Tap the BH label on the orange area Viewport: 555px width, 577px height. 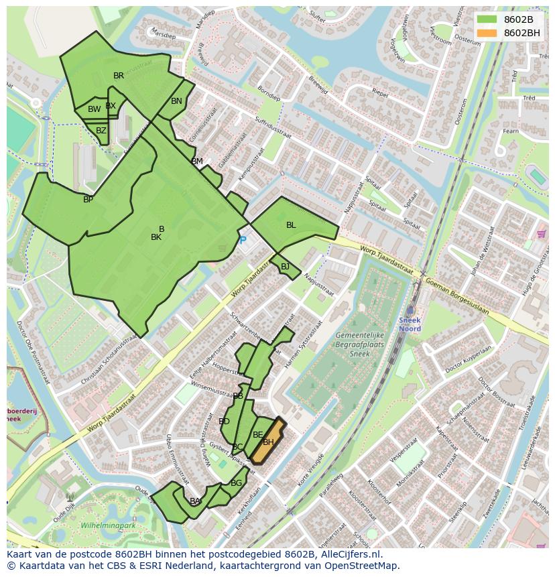(x=268, y=442)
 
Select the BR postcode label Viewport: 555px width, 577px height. (x=119, y=76)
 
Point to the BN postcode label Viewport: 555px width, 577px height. (x=176, y=101)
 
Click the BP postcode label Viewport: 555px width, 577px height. (x=88, y=200)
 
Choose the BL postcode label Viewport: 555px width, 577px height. (x=291, y=225)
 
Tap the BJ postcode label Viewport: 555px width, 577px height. (x=285, y=267)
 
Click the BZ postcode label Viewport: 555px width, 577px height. (x=101, y=131)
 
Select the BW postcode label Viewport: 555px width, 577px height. (x=94, y=109)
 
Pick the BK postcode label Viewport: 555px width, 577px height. (x=156, y=237)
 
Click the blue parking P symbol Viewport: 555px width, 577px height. (x=243, y=240)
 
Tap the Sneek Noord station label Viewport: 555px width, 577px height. (x=410, y=324)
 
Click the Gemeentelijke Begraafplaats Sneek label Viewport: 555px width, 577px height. (x=356, y=342)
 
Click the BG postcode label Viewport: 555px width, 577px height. (x=236, y=483)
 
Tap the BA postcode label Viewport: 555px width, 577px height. (x=195, y=501)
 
